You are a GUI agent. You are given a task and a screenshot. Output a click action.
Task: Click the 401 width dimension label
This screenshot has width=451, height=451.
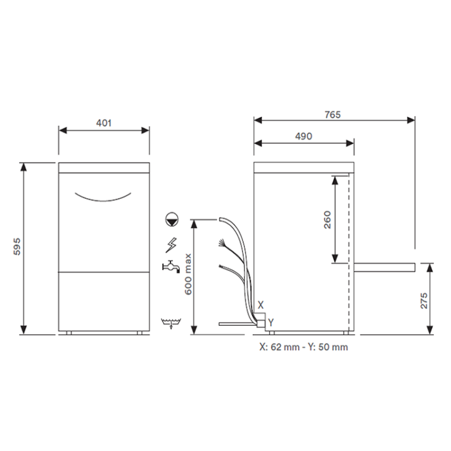click(x=104, y=123)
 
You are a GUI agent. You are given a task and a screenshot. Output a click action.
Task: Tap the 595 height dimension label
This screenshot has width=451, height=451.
click(x=17, y=246)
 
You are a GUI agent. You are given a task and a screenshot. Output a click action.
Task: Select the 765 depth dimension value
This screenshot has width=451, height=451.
click(x=333, y=115)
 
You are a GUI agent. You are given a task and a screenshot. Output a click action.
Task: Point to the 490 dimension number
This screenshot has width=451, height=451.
click(x=304, y=136)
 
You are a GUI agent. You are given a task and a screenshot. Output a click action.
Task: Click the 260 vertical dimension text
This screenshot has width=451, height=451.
click(x=328, y=220)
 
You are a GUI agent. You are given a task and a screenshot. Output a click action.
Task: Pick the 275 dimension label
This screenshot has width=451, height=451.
click(x=424, y=300)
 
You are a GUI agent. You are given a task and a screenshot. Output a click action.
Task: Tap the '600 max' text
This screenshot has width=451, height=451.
click(x=188, y=274)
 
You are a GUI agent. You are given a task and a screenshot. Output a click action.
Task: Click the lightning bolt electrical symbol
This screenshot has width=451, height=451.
click(x=171, y=245)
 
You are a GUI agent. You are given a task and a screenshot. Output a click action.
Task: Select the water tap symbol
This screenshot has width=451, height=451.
click(x=171, y=266)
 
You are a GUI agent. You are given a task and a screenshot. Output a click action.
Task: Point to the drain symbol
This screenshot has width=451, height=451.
click(x=171, y=323)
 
